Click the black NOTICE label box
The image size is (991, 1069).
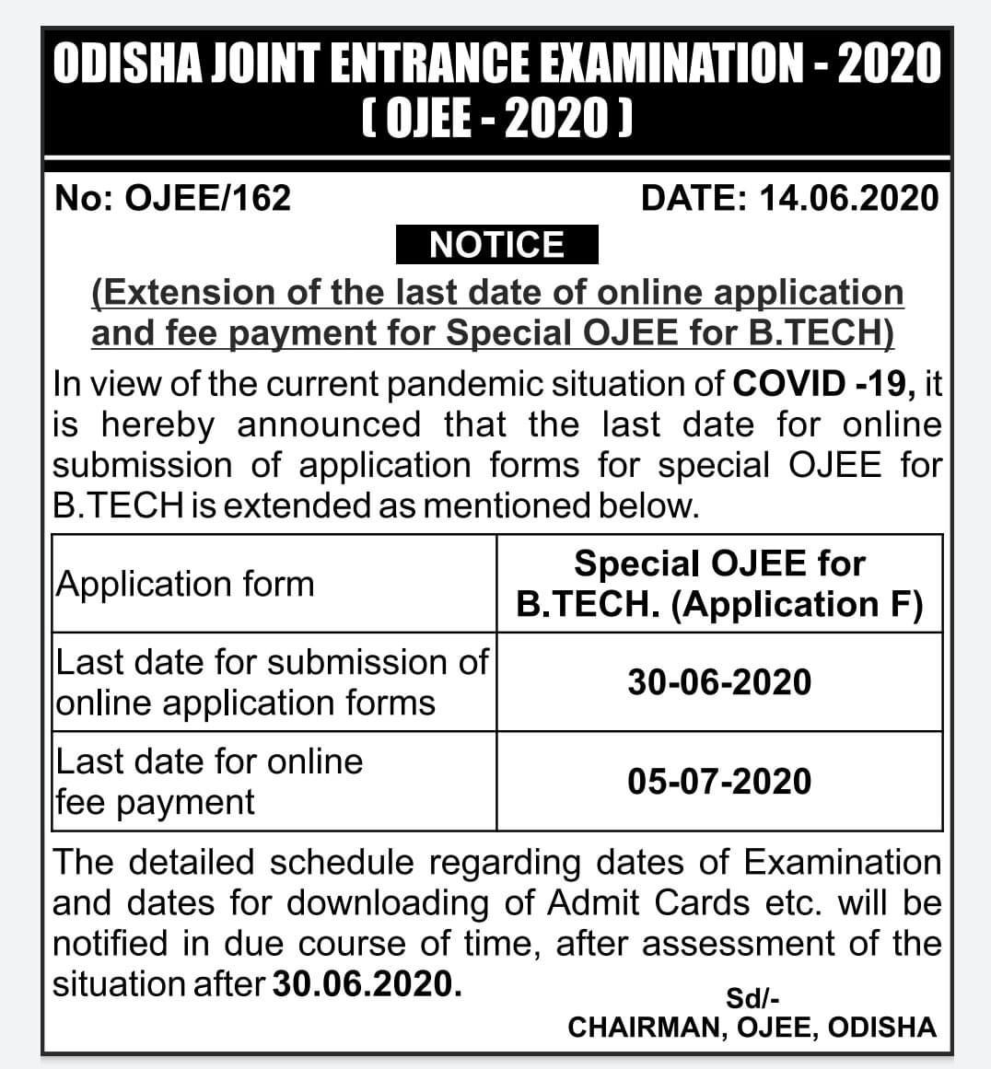pos(496,246)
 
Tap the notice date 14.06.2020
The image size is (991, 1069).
pos(849,198)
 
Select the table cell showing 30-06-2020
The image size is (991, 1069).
pos(719,682)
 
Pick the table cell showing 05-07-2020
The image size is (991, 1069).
pos(719,782)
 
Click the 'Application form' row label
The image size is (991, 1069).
pos(186,584)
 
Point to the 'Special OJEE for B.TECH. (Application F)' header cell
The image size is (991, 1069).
pos(719,584)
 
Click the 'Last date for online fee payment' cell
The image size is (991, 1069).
pos(210,782)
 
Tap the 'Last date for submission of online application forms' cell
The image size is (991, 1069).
pos(273,682)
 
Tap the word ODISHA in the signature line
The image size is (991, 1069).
pos(881,1028)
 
